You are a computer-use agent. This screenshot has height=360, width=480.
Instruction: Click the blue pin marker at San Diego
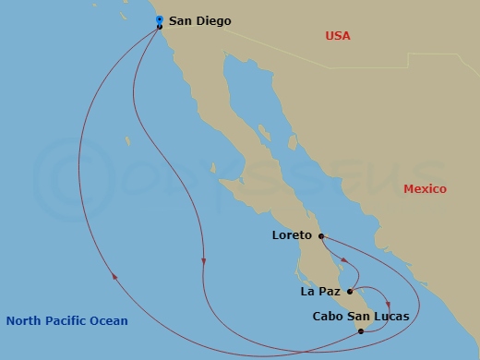click(x=159, y=18)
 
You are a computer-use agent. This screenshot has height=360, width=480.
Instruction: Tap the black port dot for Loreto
click(x=321, y=235)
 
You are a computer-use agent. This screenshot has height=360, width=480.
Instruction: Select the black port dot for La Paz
click(x=350, y=292)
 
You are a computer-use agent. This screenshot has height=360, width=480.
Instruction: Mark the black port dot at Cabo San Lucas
click(x=360, y=330)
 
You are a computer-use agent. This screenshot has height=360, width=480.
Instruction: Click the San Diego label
click(x=200, y=20)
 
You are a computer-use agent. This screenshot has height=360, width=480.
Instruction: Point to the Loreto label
click(x=293, y=235)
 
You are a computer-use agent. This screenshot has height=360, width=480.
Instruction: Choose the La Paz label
click(x=321, y=292)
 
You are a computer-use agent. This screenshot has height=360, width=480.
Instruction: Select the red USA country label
click(x=338, y=36)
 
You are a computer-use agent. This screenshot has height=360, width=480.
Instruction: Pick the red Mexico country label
click(x=425, y=189)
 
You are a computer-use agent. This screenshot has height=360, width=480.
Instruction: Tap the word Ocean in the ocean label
click(x=110, y=321)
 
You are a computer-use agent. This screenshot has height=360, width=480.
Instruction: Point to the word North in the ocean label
click(x=23, y=321)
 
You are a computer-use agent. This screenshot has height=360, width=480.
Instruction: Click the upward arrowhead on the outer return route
click(x=114, y=273)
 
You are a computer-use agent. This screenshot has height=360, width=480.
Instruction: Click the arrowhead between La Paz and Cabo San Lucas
click(x=389, y=306)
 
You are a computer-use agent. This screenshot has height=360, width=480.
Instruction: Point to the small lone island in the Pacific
click(x=128, y=141)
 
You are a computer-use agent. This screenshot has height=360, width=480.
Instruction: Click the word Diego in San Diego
click(x=215, y=20)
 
